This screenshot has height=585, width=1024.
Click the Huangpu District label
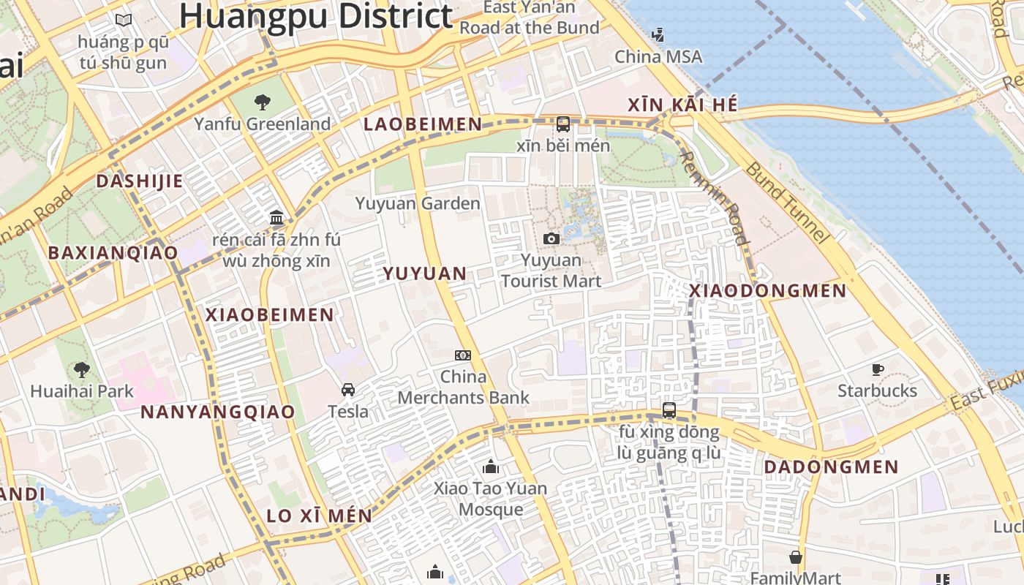(316, 16)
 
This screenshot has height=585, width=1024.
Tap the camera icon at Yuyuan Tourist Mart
(551, 238)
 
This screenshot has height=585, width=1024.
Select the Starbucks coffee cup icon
(877, 369)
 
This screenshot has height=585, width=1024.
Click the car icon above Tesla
(348, 389)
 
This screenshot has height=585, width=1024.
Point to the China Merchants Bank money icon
(462, 355)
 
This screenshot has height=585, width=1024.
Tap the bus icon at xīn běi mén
(563, 124)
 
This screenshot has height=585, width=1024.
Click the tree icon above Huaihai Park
(81, 370)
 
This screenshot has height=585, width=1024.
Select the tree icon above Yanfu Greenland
(262, 102)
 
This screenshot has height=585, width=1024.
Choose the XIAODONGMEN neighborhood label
(768, 291)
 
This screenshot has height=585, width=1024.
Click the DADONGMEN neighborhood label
(831, 467)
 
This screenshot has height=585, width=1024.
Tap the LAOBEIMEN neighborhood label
(423, 124)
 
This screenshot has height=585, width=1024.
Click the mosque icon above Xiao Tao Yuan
(490, 467)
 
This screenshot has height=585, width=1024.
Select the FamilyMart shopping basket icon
(796, 557)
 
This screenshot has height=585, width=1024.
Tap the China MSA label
(658, 56)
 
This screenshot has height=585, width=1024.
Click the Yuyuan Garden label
(418, 203)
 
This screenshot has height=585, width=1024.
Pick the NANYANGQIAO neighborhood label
(218, 412)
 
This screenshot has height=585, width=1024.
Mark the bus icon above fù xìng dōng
(669, 410)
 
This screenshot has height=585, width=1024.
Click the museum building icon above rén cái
(276, 217)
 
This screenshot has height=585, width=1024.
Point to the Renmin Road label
(714, 197)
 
